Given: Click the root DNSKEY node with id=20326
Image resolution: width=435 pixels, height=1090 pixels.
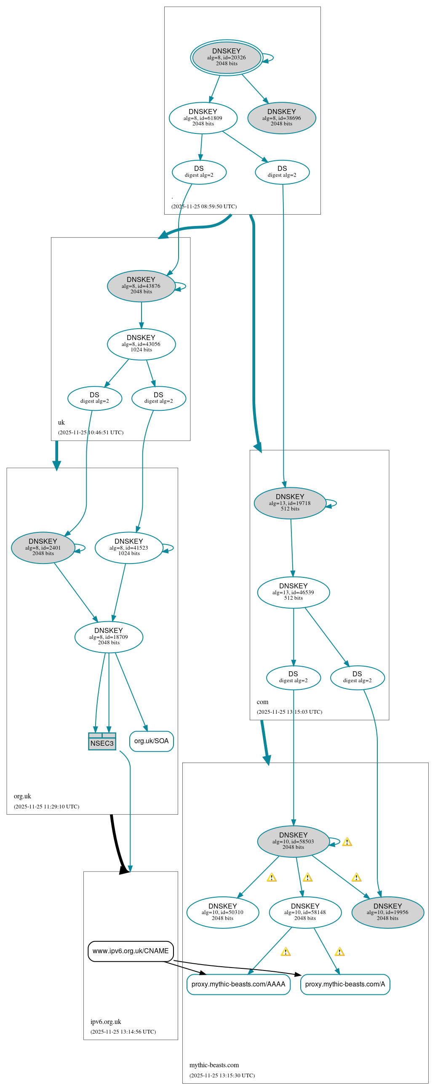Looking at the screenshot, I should tap(226, 58).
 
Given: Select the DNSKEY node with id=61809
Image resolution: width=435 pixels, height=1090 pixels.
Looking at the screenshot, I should tap(203, 118).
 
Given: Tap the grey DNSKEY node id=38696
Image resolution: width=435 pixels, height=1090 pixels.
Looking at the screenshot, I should tap(281, 118).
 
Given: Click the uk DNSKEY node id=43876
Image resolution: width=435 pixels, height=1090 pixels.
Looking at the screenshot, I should tap(141, 286).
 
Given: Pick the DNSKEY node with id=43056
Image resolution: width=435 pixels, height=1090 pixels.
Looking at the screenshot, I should tap(141, 344).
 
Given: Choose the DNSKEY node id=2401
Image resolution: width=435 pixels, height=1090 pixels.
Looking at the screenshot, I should tap(43, 548).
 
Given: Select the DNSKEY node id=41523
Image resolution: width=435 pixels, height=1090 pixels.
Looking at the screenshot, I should tap(129, 548).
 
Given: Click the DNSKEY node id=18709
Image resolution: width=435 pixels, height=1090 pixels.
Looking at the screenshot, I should tap(108, 637).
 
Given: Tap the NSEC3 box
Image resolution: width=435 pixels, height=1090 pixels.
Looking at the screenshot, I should tap(102, 742).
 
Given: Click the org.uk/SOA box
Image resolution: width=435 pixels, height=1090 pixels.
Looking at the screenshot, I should tap(151, 741).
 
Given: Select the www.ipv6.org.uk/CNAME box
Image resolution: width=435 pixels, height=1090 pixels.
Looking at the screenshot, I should tap(131, 951).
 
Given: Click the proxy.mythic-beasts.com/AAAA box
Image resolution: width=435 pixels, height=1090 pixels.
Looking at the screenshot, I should tap(238, 984).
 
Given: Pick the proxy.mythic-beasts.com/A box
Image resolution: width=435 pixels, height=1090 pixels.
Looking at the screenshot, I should tap(345, 984).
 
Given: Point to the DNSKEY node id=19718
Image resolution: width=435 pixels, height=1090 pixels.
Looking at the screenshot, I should tap(290, 503).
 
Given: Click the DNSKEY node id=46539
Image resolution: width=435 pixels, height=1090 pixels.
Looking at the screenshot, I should tap(293, 593).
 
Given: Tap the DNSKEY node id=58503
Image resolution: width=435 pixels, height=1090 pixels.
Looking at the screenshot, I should tap(293, 842).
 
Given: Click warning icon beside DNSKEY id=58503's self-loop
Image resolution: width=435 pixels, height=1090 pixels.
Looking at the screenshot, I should tap(347, 842).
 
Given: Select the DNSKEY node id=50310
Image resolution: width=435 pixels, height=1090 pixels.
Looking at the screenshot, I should tap(222, 913).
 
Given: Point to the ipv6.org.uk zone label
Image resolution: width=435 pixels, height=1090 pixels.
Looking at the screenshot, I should tap(105, 1021).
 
